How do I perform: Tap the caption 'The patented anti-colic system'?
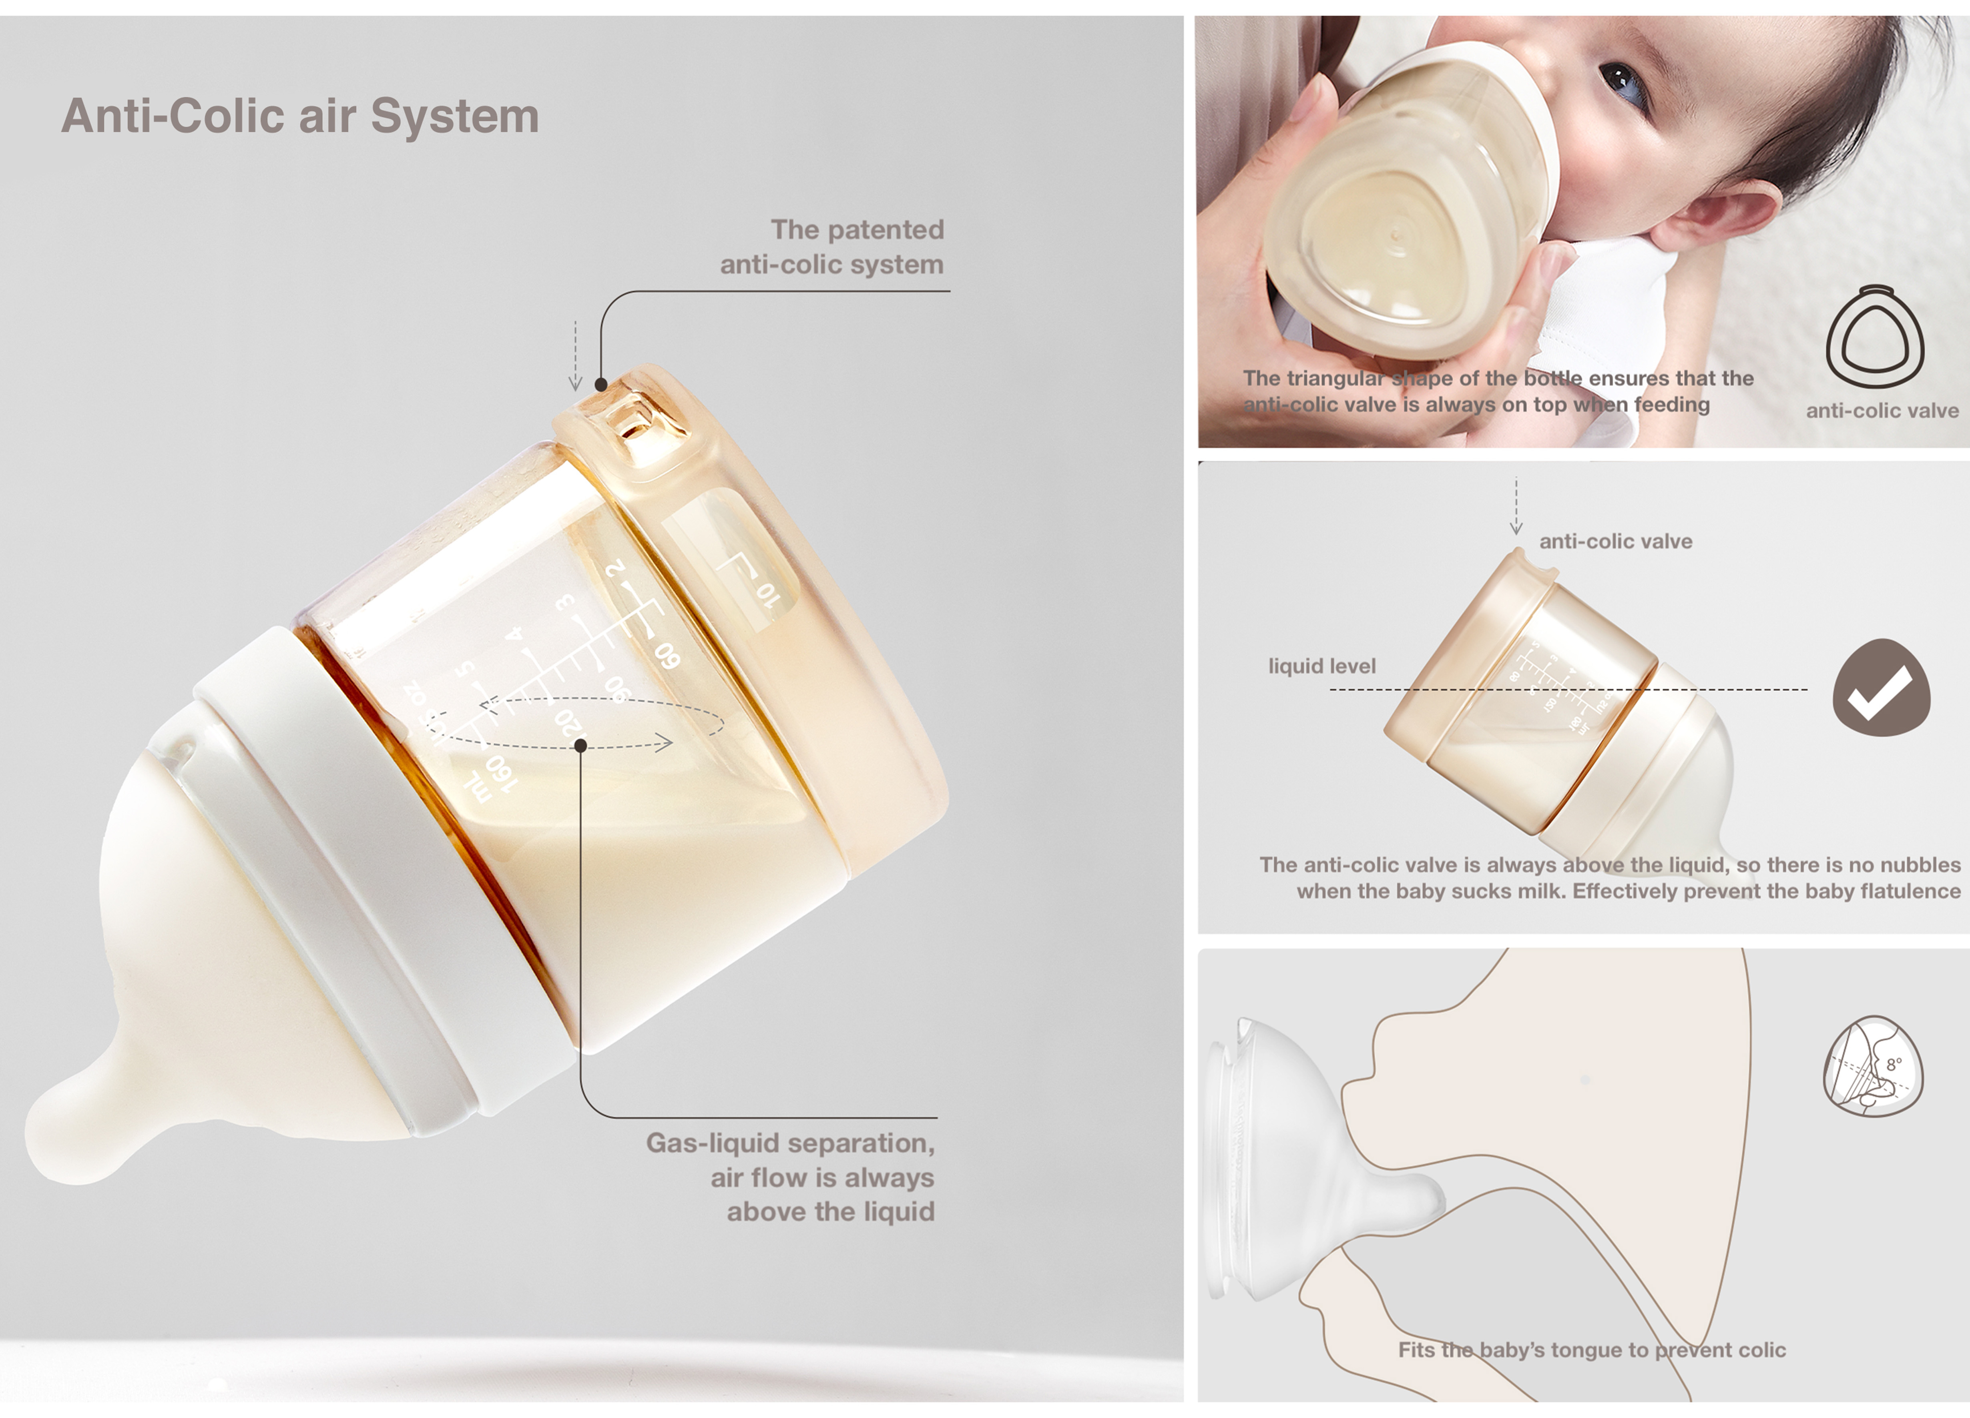[x=831, y=247]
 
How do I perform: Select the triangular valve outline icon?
[x=1874, y=336]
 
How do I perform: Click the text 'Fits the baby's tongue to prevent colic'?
[x=1591, y=1350]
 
